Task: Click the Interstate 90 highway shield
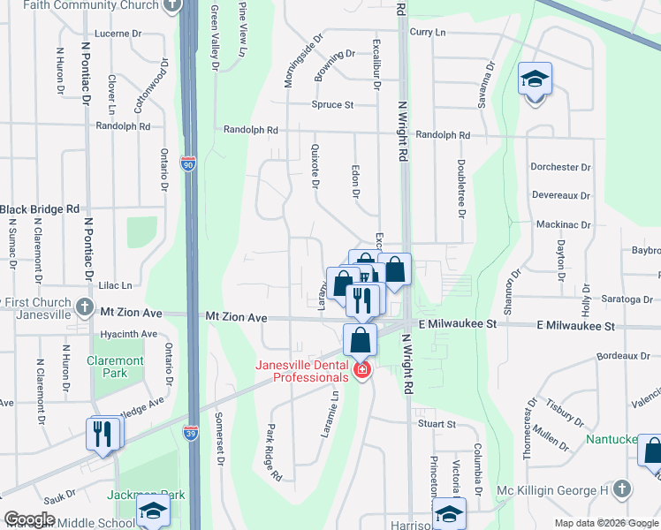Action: coord(188,163)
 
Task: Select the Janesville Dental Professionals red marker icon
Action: coord(361,370)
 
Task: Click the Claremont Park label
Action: coord(115,367)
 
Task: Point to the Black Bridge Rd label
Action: coord(40,209)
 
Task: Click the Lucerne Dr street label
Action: coord(118,34)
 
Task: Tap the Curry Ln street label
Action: coord(428,32)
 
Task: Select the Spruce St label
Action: coord(332,104)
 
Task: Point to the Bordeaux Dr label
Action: coord(623,356)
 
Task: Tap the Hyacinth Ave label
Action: coord(128,334)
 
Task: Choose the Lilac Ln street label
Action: coord(115,285)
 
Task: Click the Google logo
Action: coord(29,520)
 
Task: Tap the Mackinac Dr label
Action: coord(563,224)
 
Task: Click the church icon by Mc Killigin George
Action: coord(622,488)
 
